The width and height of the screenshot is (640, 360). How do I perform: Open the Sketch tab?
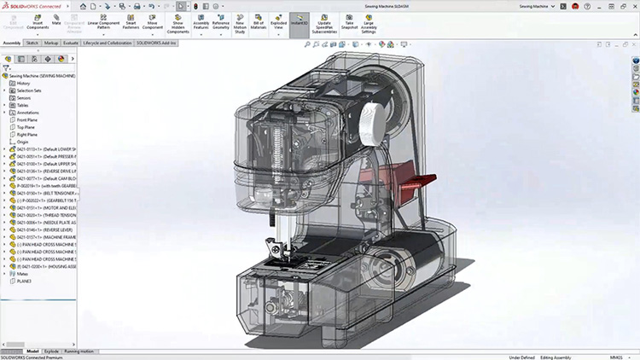32,42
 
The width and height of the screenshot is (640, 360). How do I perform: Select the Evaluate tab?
71,42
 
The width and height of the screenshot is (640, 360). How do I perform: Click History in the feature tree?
23,83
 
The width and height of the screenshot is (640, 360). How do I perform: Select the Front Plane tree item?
30,119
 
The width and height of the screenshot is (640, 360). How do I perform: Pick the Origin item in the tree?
24,142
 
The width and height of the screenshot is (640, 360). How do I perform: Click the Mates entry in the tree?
22,273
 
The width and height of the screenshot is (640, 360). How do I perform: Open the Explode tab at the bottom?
51,351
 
